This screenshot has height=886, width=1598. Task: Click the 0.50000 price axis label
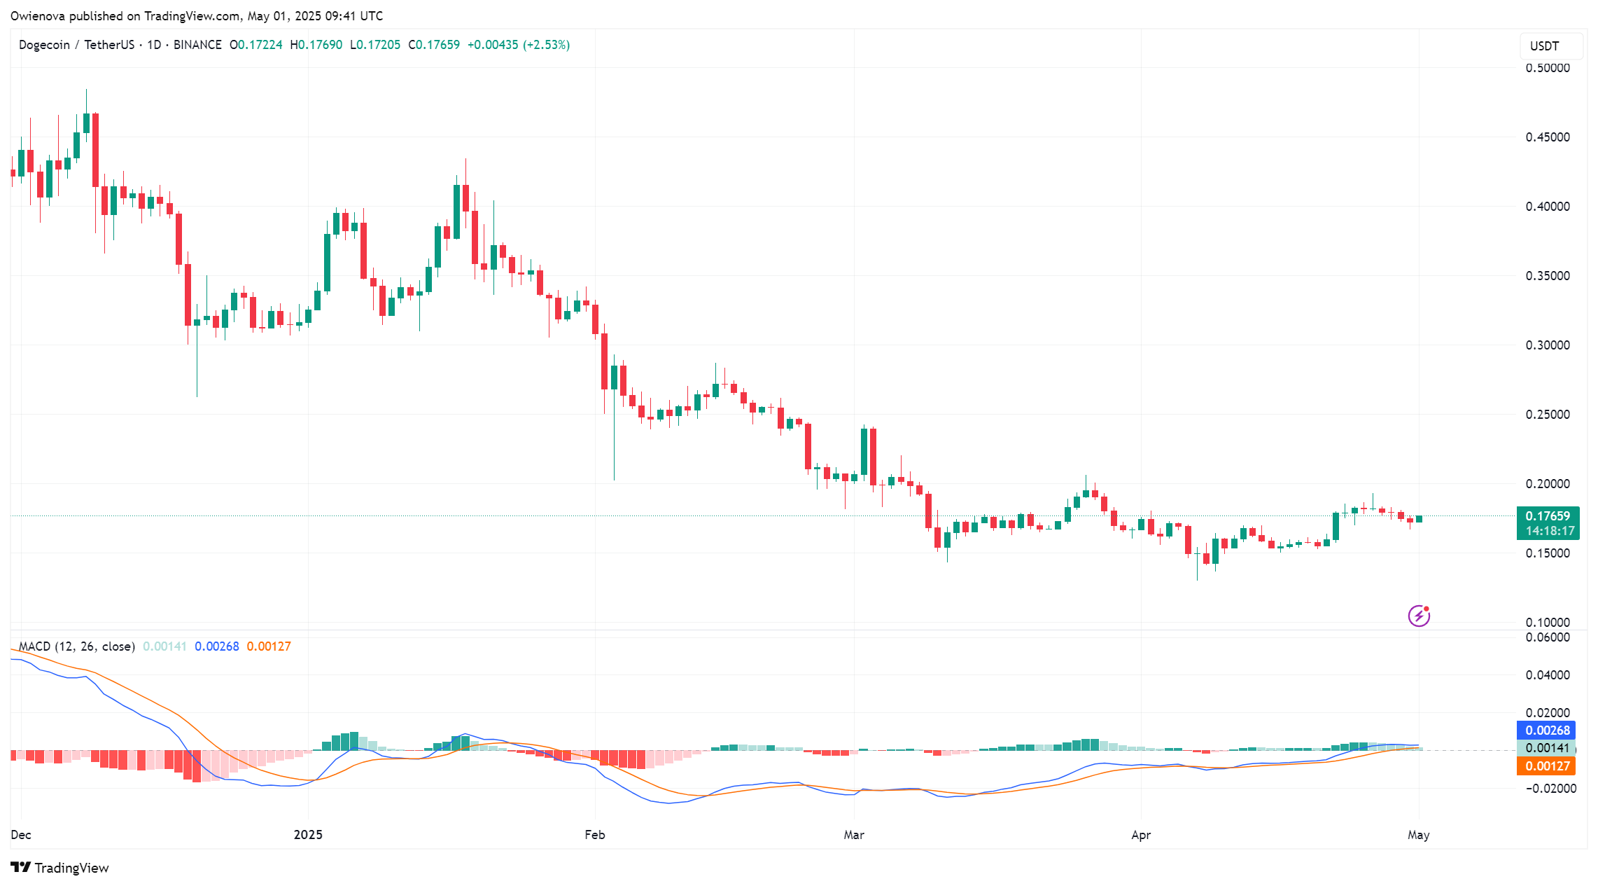point(1547,68)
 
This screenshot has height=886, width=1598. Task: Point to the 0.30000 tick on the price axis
point(1547,345)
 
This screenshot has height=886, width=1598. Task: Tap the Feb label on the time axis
point(594,834)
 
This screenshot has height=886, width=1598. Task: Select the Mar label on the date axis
point(853,834)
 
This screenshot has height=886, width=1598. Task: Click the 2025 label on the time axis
point(308,834)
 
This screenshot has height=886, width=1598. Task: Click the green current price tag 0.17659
point(1547,516)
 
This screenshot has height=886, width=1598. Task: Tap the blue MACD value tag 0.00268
point(1547,731)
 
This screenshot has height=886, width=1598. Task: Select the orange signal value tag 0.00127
point(1547,766)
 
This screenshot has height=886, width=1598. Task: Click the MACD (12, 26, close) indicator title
point(76,646)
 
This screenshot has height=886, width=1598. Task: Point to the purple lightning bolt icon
point(1419,616)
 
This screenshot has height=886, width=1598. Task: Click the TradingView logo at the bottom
point(60,868)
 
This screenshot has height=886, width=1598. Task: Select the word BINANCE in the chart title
point(197,45)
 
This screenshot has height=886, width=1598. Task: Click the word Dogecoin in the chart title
point(44,45)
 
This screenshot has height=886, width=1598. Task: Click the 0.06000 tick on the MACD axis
point(1547,637)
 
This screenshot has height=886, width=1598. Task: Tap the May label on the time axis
point(1418,834)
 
